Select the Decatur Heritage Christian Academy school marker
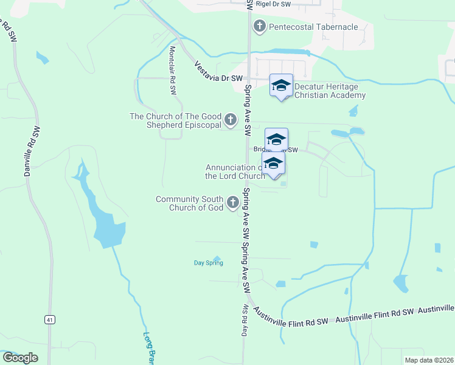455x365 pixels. coord(281,86)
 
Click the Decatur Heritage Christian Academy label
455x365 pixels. coord(330,91)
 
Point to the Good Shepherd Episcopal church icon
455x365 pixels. coord(231,120)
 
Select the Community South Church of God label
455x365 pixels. coord(190,203)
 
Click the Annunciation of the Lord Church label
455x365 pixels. coord(235,172)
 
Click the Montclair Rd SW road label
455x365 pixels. coord(173,70)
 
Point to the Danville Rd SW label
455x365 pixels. coord(32,152)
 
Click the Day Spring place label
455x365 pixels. coord(209,263)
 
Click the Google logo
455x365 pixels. coord(21,358)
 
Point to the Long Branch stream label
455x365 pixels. coord(148,349)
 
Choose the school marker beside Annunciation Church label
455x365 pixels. coord(274,164)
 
